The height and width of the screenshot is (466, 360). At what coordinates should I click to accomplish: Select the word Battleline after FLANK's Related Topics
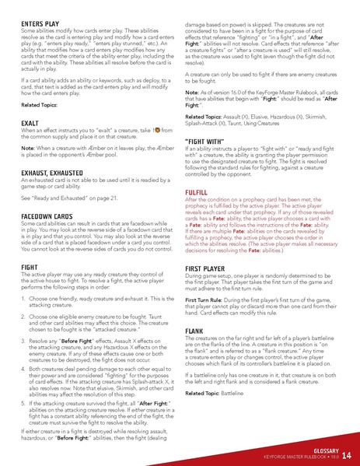(236, 394)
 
